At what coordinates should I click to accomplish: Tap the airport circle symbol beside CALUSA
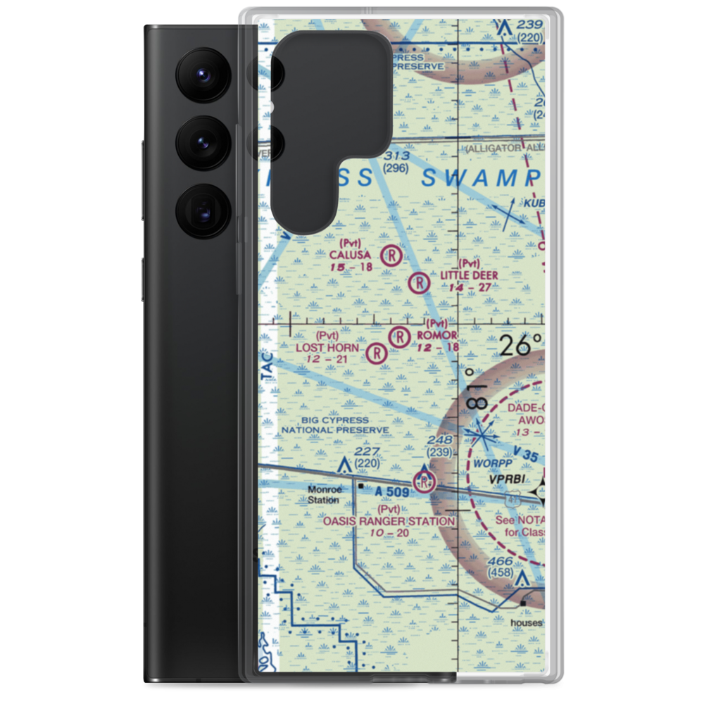(x=391, y=255)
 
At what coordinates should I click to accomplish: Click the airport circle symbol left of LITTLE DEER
(x=419, y=283)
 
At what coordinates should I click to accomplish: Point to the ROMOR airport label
(x=437, y=336)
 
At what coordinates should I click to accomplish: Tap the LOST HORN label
(x=327, y=348)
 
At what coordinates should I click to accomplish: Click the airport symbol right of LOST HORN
(x=377, y=353)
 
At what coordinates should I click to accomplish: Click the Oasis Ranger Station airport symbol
(x=424, y=482)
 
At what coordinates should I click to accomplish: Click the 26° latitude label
(x=521, y=345)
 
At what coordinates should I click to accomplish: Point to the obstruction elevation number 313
(x=396, y=156)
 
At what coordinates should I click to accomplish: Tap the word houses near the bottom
(x=527, y=623)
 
